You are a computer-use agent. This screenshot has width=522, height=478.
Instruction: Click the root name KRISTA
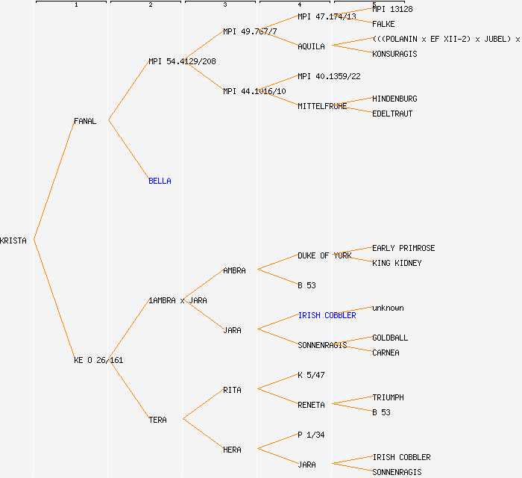tap(13, 240)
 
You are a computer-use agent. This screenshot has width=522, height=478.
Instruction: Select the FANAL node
tap(85, 121)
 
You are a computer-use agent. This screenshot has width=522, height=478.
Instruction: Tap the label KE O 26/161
tap(98, 360)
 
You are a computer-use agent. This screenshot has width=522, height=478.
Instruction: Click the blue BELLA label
tap(160, 181)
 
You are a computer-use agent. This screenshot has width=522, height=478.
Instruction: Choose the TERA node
tap(157, 420)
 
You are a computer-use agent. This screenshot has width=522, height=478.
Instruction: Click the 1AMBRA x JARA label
tap(177, 300)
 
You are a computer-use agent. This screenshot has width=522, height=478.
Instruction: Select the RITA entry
tap(232, 390)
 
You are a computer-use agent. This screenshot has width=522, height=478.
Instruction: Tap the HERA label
tap(232, 450)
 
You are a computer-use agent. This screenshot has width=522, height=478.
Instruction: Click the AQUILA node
tap(311, 46)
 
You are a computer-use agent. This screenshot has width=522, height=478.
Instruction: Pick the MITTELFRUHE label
tap(322, 106)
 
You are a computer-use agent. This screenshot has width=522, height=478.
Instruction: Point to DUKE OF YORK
tap(324, 255)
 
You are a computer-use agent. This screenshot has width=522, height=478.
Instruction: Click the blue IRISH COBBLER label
tap(327, 315)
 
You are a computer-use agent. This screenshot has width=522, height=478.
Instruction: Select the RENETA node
tap(311, 405)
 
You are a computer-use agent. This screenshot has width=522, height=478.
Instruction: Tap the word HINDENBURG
tap(394, 99)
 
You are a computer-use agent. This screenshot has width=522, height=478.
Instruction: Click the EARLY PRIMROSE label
tap(403, 248)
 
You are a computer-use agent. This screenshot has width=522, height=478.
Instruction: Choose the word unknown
tap(388, 308)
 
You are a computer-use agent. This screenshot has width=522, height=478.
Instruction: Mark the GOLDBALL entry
tap(390, 338)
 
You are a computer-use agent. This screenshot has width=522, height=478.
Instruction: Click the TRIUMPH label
tap(388, 397)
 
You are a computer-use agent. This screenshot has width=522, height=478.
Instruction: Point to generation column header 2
tap(151, 5)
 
